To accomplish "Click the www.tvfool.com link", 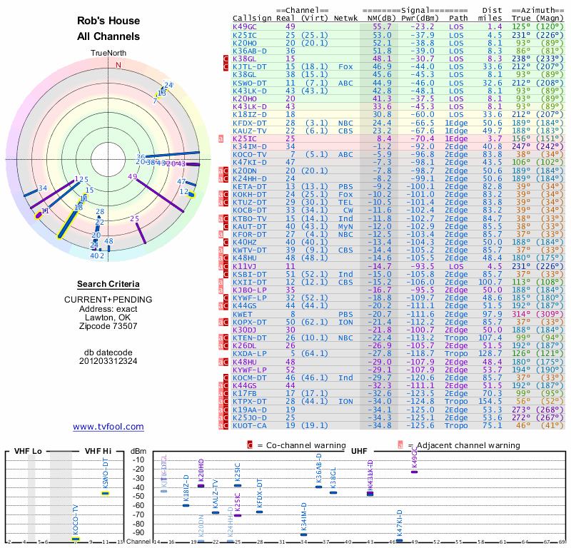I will point(108,427).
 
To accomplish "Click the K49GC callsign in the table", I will point(245,26).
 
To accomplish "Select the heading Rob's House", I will point(108,21).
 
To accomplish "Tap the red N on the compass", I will point(119,65).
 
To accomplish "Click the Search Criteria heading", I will point(108,284).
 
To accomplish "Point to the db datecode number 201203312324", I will point(108,361).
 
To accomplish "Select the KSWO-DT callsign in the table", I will point(249,83).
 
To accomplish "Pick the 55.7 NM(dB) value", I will point(381,26).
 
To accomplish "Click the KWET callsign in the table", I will point(243,314).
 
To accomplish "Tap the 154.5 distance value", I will point(490,402).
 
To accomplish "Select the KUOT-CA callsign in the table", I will point(249,426).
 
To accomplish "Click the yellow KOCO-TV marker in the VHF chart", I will point(75,539).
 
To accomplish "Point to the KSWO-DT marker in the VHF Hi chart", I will point(105,493).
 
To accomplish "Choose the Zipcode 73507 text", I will point(108,326).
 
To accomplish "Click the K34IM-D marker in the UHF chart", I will point(304,534).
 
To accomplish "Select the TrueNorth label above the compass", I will point(108,54).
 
